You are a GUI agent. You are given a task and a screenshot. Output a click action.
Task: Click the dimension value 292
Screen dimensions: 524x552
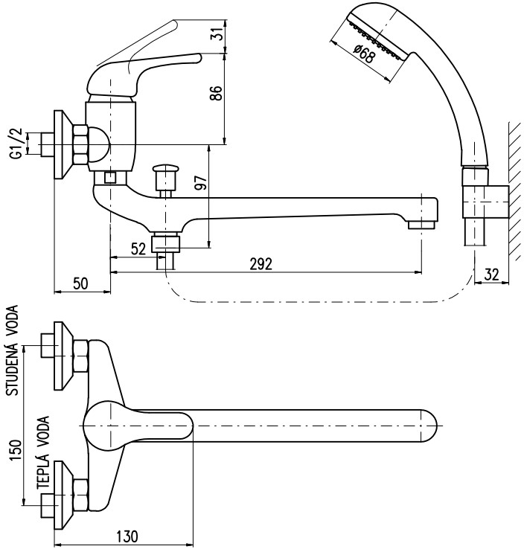261,263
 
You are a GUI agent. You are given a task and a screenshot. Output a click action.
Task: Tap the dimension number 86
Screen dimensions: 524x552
216,93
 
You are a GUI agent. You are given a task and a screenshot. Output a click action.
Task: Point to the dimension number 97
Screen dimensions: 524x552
201,182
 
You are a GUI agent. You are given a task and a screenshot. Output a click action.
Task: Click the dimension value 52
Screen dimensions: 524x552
138,249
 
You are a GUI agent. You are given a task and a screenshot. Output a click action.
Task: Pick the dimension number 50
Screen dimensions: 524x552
80,283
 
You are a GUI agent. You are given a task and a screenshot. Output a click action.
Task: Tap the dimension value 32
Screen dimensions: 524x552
491,275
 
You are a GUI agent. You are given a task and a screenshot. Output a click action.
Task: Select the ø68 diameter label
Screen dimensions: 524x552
363,54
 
